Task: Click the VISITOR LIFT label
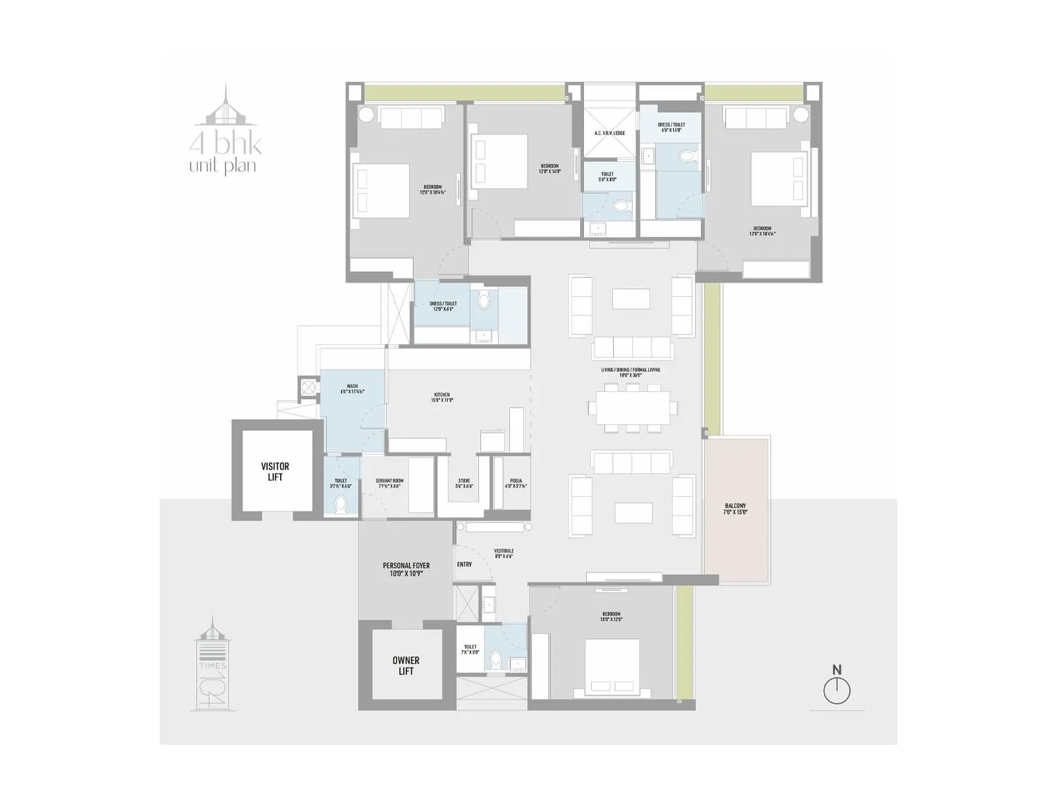(275, 471)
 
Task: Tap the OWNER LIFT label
(406, 665)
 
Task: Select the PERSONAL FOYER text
(406, 570)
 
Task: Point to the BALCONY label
(735, 509)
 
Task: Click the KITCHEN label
(442, 398)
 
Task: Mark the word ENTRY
(464, 564)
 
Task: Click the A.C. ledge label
(609, 133)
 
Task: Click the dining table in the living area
(633, 408)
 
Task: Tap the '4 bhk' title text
(225, 143)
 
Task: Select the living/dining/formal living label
(630, 373)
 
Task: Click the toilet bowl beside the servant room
(341, 506)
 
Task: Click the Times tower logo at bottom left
(213, 664)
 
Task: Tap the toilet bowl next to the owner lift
(496, 659)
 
